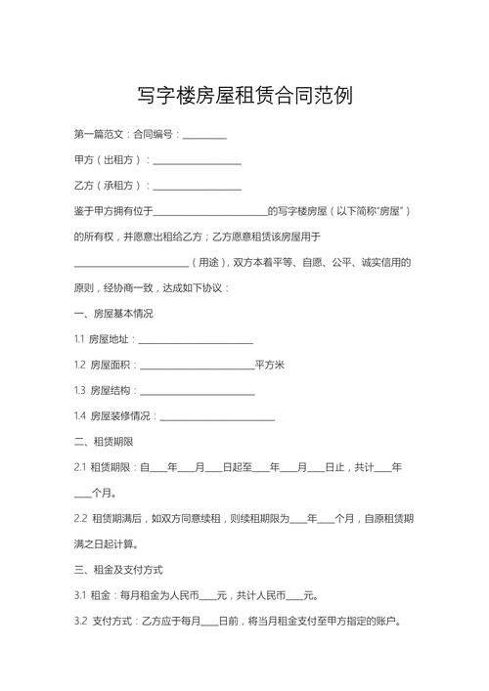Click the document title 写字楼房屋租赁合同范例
(x=244, y=97)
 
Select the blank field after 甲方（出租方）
(x=198, y=161)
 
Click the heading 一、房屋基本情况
(x=112, y=314)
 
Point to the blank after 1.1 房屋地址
(x=197, y=341)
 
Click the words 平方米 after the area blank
(x=269, y=366)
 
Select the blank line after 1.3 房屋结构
(x=198, y=392)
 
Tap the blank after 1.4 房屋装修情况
(x=217, y=417)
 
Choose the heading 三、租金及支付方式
(x=118, y=570)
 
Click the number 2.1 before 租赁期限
(x=80, y=468)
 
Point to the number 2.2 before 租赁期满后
(x=80, y=518)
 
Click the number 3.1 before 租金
(x=80, y=595)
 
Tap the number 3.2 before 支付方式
(x=80, y=621)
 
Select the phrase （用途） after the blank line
(x=207, y=263)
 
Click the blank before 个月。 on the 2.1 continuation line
(x=82, y=495)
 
